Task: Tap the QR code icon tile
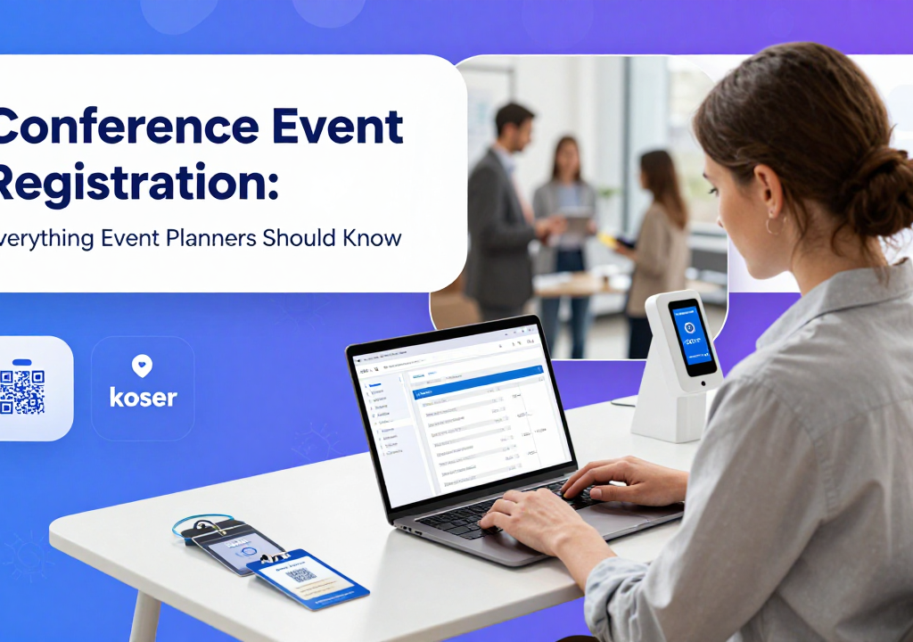(x=22, y=389)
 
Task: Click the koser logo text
(x=143, y=397)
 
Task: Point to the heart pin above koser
(x=143, y=365)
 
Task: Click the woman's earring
(x=772, y=222)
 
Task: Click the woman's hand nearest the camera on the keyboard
(x=526, y=517)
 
